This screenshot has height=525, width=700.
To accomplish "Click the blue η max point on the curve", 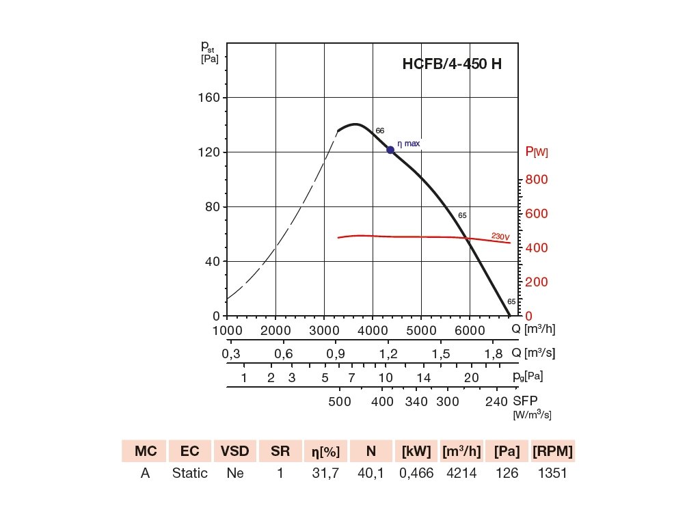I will point(390,150).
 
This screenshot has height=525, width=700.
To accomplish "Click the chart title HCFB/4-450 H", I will point(452,65).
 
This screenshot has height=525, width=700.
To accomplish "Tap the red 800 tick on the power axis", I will point(537,180).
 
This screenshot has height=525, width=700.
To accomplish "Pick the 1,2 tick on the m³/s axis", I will point(388,354).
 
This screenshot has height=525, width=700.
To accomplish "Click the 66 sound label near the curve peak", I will point(380,131).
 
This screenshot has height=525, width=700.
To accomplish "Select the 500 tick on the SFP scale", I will point(340,401).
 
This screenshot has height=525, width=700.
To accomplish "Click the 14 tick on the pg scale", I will point(423,377).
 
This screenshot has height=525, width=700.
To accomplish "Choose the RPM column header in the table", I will point(552,451).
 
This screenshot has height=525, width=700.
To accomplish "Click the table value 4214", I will point(462,473).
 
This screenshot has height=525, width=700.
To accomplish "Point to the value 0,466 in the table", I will point(417,473).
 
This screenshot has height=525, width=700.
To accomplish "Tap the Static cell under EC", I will point(190,473).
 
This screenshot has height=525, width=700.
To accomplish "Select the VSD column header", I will point(235,451).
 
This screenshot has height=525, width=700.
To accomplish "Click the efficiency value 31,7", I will point(325,473).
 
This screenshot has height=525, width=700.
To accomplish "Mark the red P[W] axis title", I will point(536,152).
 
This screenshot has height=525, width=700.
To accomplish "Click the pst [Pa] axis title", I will point(208,51).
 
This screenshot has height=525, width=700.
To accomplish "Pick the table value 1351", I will point(552,473).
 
